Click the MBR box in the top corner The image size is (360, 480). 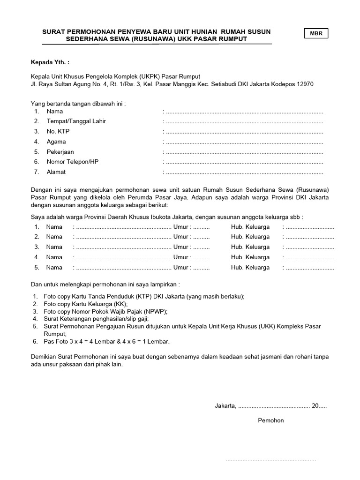pos(316,34)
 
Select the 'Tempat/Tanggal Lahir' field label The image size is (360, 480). pos(76,121)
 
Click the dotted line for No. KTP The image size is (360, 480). pos(244,132)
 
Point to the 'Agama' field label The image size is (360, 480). pos(56,142)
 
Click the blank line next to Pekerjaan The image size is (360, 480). pos(244,152)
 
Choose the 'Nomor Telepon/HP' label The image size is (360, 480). pos(73,162)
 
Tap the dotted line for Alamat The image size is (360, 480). pos(244,172)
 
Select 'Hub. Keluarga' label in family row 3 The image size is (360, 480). pos(250,247)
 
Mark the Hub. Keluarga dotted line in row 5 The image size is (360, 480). pos(309,268)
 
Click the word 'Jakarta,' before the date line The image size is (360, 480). pos(226,405)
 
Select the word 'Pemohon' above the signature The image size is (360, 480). pos(271,420)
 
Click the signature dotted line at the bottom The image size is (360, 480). pos(271,459)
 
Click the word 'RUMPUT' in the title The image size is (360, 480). pos(230,39)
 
